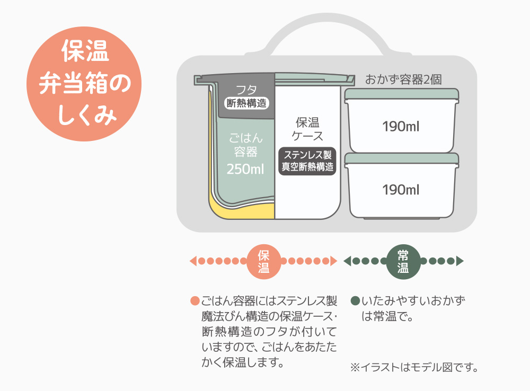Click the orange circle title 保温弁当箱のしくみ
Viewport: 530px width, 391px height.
point(84,84)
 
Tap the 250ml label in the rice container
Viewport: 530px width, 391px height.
point(245,169)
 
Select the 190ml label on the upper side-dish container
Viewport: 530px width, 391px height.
point(401,127)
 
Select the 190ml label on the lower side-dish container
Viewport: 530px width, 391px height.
point(401,190)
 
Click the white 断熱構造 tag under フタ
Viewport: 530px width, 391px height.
point(247,103)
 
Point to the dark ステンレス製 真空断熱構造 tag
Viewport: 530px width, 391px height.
point(307,161)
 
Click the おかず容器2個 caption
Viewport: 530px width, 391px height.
point(403,80)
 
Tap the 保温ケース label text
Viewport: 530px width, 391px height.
point(307,129)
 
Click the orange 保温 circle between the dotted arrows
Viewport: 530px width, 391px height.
point(263,262)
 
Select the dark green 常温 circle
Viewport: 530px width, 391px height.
point(403,262)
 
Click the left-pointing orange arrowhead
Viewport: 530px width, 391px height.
point(193,261)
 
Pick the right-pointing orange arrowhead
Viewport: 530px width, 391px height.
point(333,261)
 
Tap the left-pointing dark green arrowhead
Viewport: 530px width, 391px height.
point(347,261)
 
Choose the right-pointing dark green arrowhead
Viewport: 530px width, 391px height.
point(460,261)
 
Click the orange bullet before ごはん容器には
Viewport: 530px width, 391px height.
point(195,301)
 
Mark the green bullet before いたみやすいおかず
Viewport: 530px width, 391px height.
point(355,301)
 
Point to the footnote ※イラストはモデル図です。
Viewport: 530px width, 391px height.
point(414,367)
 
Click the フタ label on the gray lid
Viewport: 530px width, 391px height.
point(246,90)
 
